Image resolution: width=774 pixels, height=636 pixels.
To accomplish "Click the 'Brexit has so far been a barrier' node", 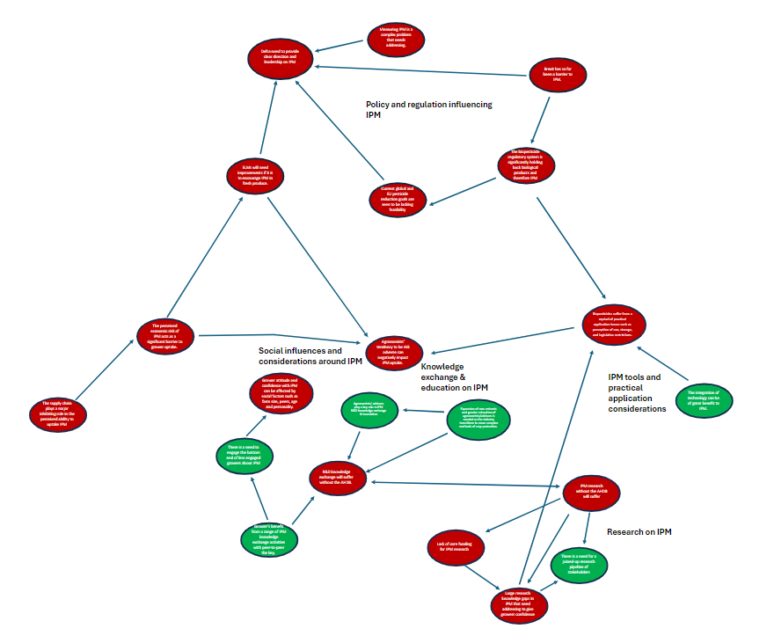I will click(x=556, y=76).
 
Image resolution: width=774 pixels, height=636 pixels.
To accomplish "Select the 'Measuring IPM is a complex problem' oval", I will click(x=394, y=39).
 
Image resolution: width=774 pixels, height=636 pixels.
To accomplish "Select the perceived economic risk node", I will click(x=165, y=336).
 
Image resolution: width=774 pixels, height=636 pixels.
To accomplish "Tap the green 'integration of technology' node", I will click(x=703, y=399).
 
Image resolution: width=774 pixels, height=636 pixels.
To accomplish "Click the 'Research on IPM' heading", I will click(x=639, y=532).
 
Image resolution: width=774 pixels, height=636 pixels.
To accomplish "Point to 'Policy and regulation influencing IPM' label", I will click(x=428, y=109).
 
